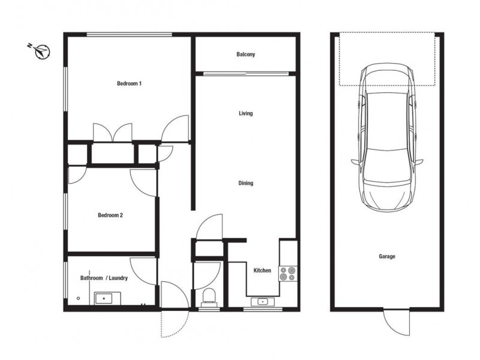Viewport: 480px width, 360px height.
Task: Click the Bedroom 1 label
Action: coord(128,83)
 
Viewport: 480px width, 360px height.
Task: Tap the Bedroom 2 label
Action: coord(110,215)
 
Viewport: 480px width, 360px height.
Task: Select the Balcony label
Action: coord(245,55)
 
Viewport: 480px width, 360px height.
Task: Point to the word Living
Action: coord(245,113)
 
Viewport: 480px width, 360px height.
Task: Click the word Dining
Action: coord(245,184)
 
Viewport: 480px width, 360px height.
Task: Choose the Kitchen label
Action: coord(262,271)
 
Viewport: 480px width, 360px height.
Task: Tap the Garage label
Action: coord(387,256)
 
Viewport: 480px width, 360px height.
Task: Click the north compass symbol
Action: coord(41,51)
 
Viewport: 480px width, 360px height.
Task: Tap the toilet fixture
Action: coord(209,296)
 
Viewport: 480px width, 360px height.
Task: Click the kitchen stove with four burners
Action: coord(288,274)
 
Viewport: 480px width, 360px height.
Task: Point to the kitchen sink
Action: coord(262,301)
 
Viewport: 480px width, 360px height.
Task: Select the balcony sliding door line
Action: coord(245,74)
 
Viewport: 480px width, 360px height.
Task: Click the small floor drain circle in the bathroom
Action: coord(79,298)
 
